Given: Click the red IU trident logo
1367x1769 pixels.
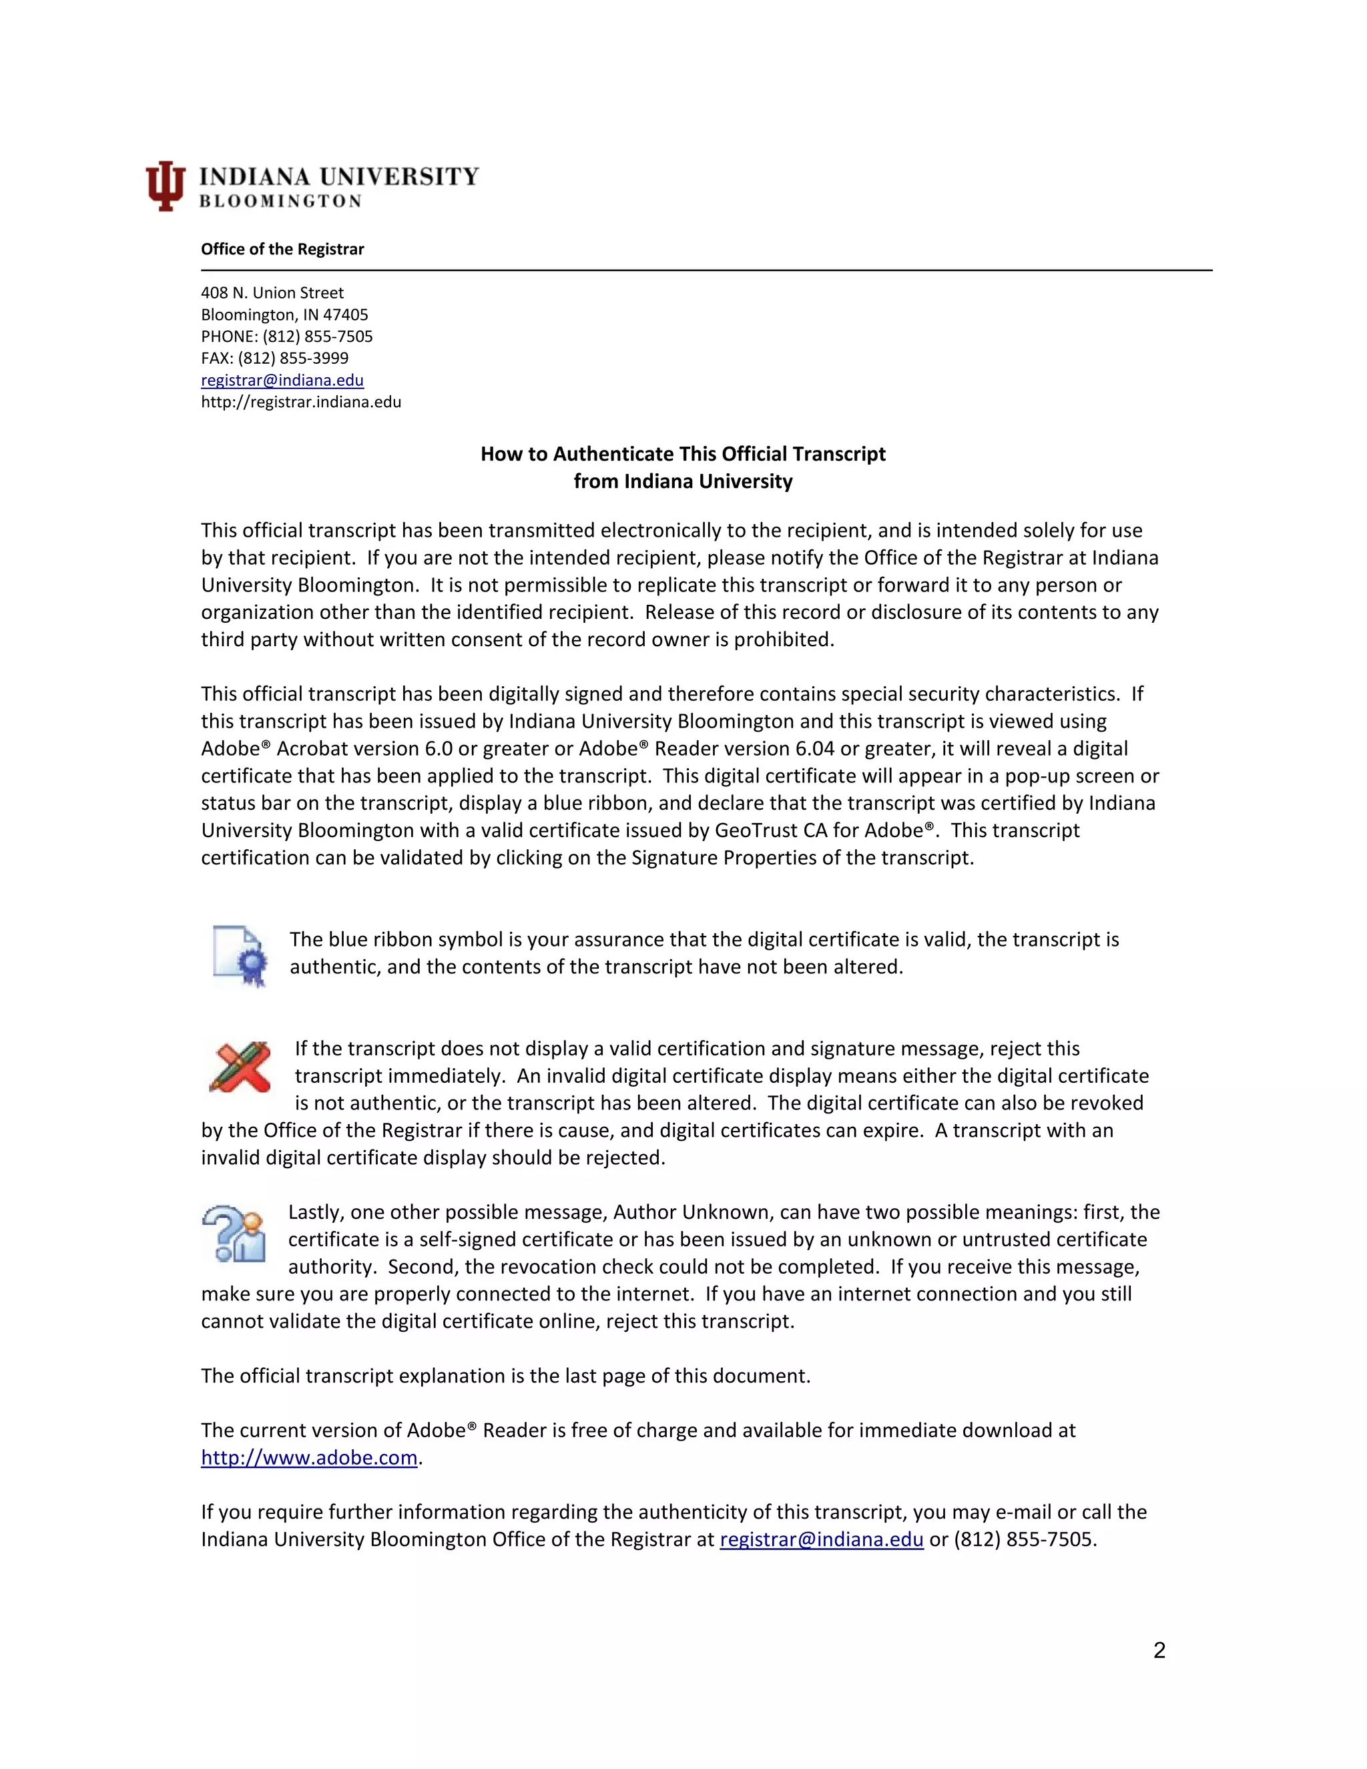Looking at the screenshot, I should point(166,186).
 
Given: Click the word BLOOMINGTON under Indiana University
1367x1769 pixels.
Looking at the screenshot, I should point(280,201).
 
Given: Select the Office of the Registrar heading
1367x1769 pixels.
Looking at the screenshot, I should point(282,249).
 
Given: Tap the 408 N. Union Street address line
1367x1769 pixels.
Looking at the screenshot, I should point(272,292).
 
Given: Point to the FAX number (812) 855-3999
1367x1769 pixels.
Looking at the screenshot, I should point(292,358).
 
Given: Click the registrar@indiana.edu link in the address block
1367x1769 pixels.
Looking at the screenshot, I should point(282,380).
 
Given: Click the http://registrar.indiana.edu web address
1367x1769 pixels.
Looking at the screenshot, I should point(300,402).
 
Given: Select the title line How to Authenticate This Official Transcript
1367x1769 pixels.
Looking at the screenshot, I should point(683,453).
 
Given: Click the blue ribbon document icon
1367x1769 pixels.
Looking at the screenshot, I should point(240,956).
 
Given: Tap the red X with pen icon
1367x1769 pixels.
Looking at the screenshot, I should point(240,1067).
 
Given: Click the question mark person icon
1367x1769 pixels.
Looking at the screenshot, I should point(234,1234).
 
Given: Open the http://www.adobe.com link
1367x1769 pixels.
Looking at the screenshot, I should point(308,1457).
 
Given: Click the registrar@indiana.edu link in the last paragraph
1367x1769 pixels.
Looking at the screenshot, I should point(821,1539).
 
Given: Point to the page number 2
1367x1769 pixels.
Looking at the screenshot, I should point(1159,1650).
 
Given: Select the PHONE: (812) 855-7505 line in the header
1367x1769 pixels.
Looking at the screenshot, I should point(286,336).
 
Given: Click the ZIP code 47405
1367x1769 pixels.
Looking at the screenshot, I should point(346,314).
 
